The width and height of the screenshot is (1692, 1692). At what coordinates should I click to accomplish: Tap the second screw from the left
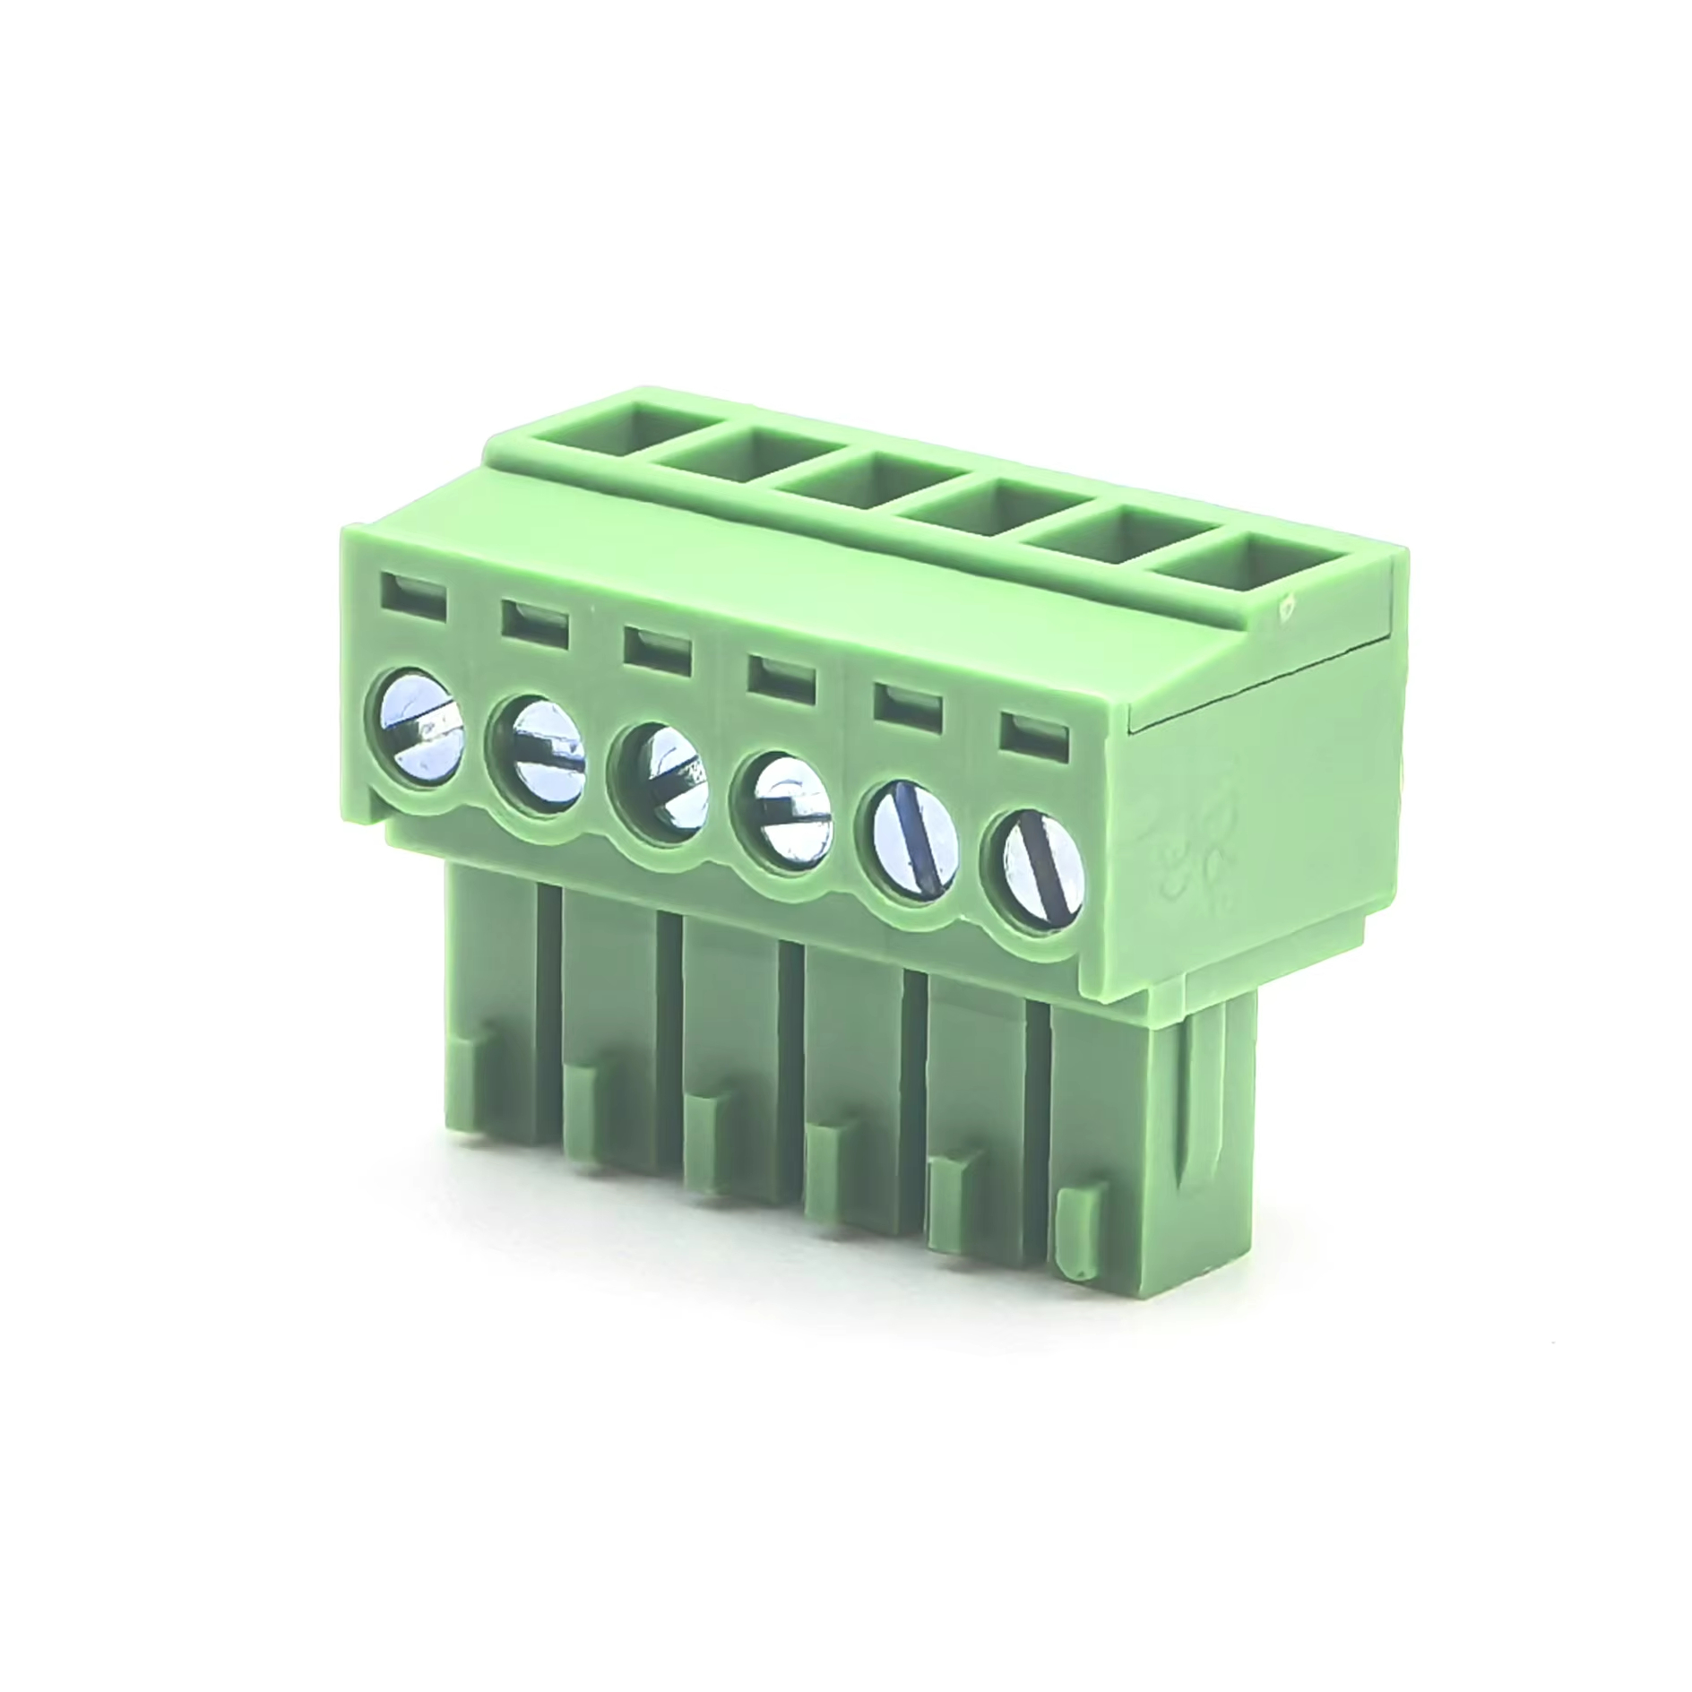(535, 755)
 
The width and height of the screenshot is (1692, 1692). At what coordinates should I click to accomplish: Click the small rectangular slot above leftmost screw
(414, 593)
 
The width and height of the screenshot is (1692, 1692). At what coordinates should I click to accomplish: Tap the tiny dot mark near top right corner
(1288, 607)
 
